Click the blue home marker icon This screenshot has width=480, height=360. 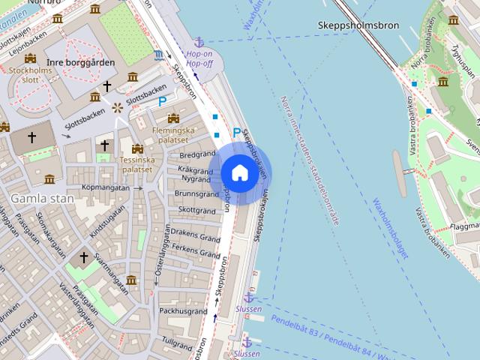click(239, 172)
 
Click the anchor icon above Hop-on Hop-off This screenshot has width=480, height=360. click(199, 42)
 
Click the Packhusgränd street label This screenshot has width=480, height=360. click(182, 310)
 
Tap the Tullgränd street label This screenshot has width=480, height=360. click(178, 341)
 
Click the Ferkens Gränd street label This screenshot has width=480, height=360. click(195, 247)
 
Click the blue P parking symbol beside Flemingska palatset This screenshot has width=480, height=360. click(162, 101)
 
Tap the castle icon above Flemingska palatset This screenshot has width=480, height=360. click(174, 118)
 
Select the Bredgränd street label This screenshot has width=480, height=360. click(197, 154)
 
